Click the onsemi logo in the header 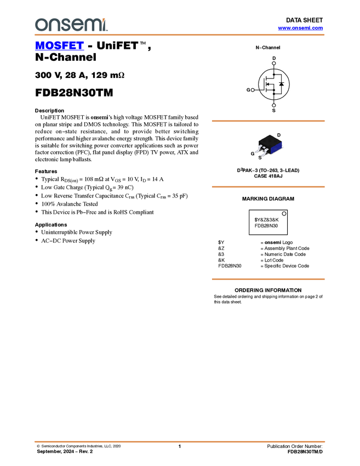coord(71,25)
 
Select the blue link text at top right coord(300,28)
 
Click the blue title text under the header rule coord(59,46)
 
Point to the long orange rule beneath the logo coord(180,35)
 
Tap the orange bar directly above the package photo coord(268,121)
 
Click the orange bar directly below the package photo coord(268,187)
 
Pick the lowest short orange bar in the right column coord(268,279)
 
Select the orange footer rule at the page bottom coord(180,441)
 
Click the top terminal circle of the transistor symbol coord(274,63)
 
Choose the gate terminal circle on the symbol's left coord(253,89)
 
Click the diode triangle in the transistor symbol coord(281,84)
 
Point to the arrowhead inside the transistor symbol coord(268,84)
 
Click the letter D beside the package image coord(278,135)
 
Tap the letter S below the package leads coord(260,157)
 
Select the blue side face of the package coord(276,147)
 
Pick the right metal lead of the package coord(266,154)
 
